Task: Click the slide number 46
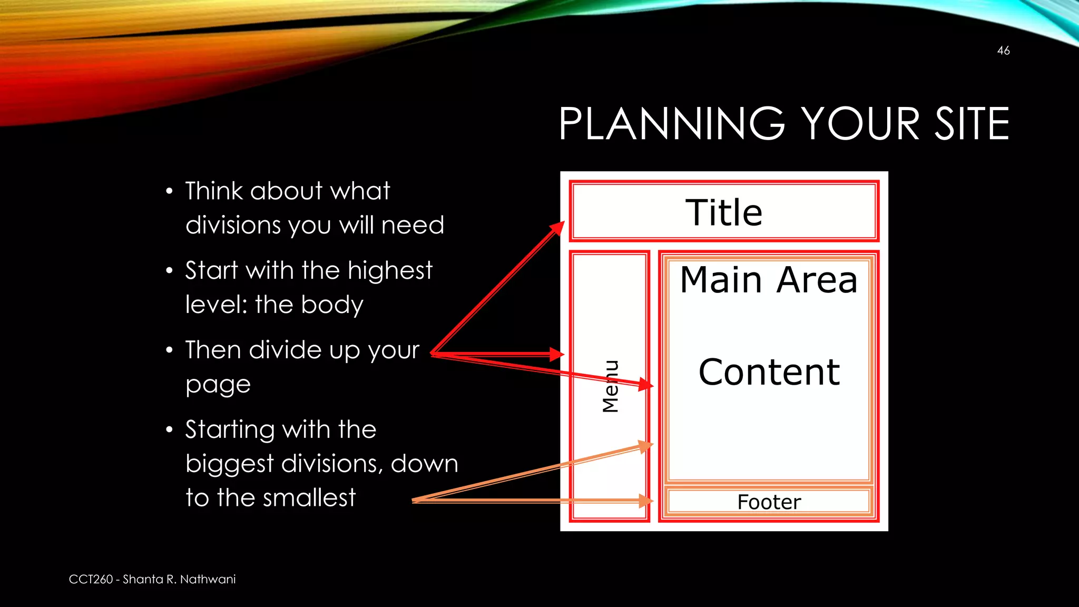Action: tap(1003, 51)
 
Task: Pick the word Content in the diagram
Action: tap(769, 372)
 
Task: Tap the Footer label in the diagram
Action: tap(769, 502)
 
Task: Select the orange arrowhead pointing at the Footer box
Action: tap(646, 501)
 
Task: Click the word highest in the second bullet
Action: tap(390, 271)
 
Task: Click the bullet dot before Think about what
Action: tap(169, 192)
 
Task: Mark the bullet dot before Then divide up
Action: tap(169, 350)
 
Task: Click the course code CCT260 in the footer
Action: tap(91, 580)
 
